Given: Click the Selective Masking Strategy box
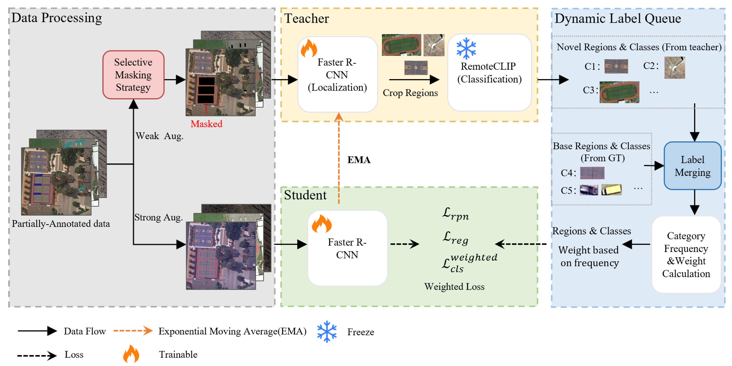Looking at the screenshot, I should pos(133,75).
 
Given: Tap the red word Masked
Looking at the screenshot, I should pos(206,124).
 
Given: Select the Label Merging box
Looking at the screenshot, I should pos(692,166).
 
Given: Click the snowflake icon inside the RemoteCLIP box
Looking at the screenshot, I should pos(466,48).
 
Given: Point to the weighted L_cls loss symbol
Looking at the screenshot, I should pos(469,262).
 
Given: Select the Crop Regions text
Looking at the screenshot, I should pos(410,93).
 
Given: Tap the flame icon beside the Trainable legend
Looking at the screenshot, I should pos(131,354).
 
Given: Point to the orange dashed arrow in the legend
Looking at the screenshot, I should pos(133,330).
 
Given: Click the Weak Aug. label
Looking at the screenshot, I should pos(159,136).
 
